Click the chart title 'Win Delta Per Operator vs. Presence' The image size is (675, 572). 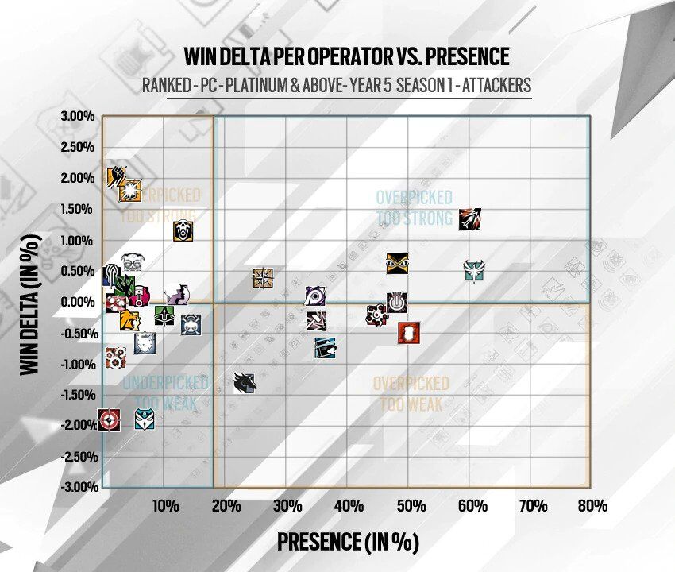tap(346, 56)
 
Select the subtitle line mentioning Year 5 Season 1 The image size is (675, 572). tap(337, 85)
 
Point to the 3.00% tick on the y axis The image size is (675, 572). tap(78, 117)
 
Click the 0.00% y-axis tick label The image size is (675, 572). tap(78, 302)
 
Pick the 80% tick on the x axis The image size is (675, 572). tap(592, 506)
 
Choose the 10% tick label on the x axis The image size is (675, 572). tap(164, 506)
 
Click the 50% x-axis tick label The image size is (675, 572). tap(410, 506)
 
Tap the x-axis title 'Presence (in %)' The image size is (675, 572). tap(347, 542)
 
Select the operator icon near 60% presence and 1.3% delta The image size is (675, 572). tap(470, 219)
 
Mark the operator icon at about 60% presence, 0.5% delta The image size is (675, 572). tap(474, 271)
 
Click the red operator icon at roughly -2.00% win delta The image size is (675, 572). tap(109, 419)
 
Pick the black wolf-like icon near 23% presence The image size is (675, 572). tap(245, 383)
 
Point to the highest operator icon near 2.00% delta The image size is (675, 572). tap(118, 175)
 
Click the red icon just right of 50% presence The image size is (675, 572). tap(408, 333)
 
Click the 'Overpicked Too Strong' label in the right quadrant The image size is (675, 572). tap(414, 207)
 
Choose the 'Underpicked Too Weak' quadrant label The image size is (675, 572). tap(164, 392)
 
